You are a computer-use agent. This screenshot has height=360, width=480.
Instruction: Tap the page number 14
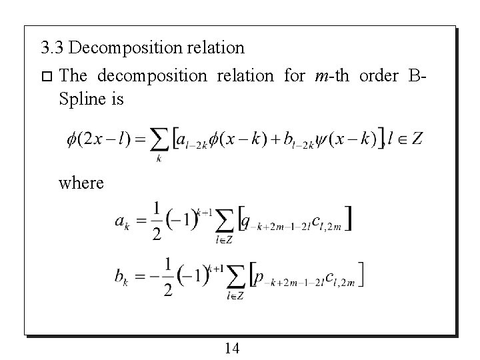[233, 347]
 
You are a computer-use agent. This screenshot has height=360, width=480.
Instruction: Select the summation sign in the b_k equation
[235, 275]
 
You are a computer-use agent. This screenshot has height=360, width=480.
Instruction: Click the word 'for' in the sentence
[294, 76]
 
